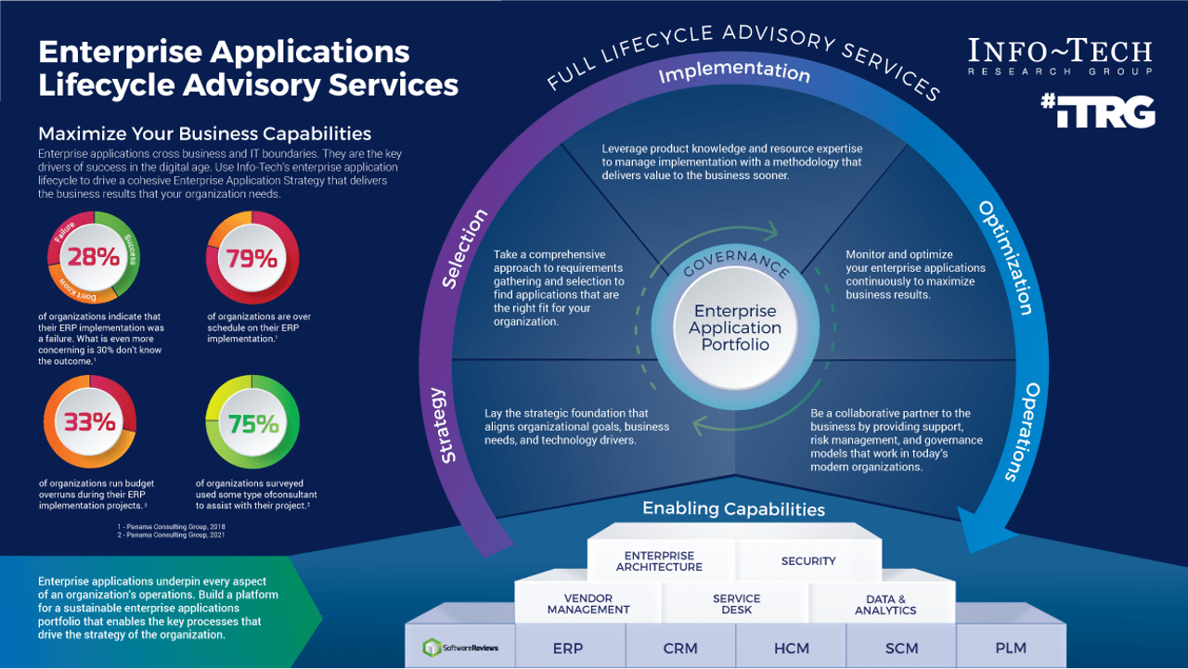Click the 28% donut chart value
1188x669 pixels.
coord(93,257)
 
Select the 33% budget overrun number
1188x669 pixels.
coord(90,422)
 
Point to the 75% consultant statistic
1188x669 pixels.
coord(253,423)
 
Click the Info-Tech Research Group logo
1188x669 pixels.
coord(1060,57)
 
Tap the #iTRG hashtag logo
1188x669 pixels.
coord(1097,111)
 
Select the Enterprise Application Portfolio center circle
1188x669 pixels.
coord(735,328)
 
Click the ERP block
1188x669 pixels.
coord(568,648)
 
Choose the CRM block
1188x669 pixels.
coord(679,648)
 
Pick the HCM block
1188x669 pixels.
coord(791,648)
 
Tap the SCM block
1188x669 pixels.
coord(901,648)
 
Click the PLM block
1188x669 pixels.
coord(1011,648)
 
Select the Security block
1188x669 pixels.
coord(808,560)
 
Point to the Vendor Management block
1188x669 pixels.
coord(588,604)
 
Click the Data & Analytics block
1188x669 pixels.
coord(885,604)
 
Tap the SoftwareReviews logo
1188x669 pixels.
coord(460,648)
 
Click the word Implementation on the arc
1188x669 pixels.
coord(734,71)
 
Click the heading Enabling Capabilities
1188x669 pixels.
coord(733,508)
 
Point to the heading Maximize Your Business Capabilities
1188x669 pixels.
coord(204,134)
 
